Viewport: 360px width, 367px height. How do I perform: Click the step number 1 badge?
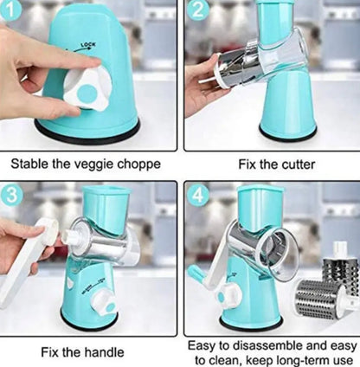[10, 10]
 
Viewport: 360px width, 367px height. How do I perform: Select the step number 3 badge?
[11, 195]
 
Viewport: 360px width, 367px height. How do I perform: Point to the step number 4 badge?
[197, 196]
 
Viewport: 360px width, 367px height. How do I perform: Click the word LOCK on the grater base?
[88, 44]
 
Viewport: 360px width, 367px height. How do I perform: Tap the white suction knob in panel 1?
[87, 89]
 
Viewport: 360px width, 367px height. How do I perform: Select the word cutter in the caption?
[298, 164]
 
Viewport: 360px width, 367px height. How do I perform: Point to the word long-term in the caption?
[305, 361]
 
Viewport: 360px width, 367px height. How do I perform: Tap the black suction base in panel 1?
[87, 132]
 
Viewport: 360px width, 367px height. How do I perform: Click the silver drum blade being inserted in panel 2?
[235, 68]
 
